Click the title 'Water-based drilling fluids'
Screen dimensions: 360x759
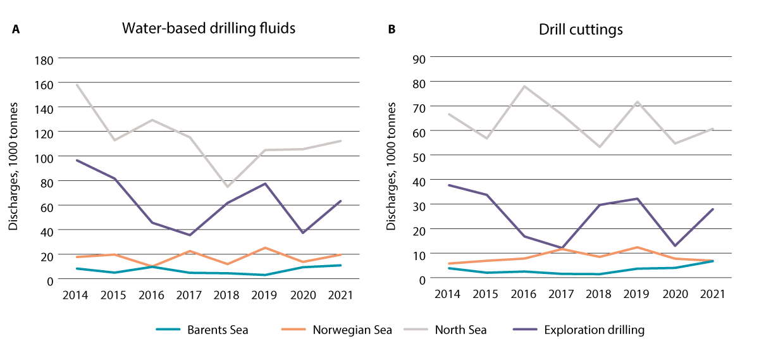pyautogui.click(x=209, y=29)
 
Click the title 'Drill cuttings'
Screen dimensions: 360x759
pyautogui.click(x=581, y=29)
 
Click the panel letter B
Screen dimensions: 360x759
pyautogui.click(x=392, y=30)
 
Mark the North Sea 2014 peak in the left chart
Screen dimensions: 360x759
pyautogui.click(x=77, y=84)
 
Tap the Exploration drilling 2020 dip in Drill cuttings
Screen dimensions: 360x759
pyautogui.click(x=675, y=246)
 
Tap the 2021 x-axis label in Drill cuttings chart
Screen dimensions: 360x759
pyautogui.click(x=713, y=294)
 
